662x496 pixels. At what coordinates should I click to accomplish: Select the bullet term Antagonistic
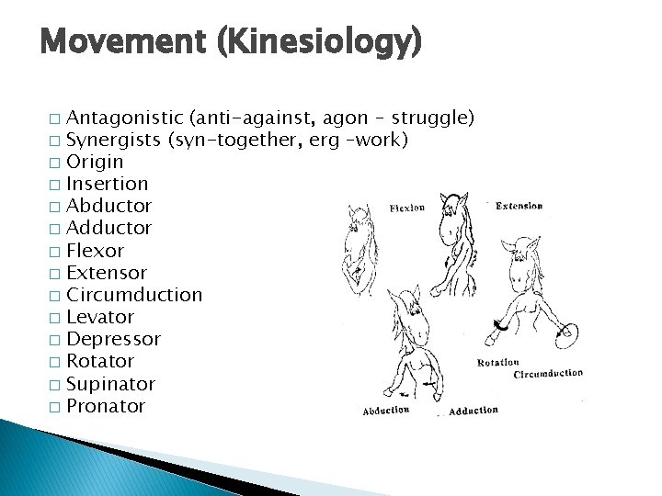pyautogui.click(x=124, y=118)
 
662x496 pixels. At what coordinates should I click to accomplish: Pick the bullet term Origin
pyautogui.click(x=95, y=162)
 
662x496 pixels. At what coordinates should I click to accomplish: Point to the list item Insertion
pyautogui.click(x=108, y=184)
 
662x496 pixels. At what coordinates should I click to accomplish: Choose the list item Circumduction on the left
pyautogui.click(x=134, y=295)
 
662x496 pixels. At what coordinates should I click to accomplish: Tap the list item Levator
pyautogui.click(x=100, y=317)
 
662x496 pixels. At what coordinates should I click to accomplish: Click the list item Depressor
pyautogui.click(x=113, y=339)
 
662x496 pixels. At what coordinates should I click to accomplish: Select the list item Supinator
pyautogui.click(x=110, y=384)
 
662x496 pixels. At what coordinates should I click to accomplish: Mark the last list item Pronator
pyautogui.click(x=106, y=406)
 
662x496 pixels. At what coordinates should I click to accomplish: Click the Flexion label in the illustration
pyautogui.click(x=406, y=208)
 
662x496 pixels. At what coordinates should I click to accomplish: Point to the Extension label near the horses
pyautogui.click(x=519, y=205)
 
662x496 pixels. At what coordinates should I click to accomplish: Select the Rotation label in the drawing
pyautogui.click(x=498, y=363)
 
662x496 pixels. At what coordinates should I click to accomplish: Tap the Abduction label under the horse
pyautogui.click(x=386, y=411)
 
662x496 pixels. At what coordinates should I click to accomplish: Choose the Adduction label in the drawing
pyautogui.click(x=474, y=411)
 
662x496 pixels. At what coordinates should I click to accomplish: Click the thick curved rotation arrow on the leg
pyautogui.click(x=500, y=323)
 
